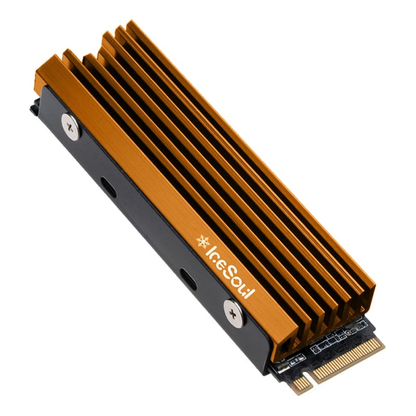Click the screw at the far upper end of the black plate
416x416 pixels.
tap(70, 128)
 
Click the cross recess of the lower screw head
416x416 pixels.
tap(232, 311)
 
